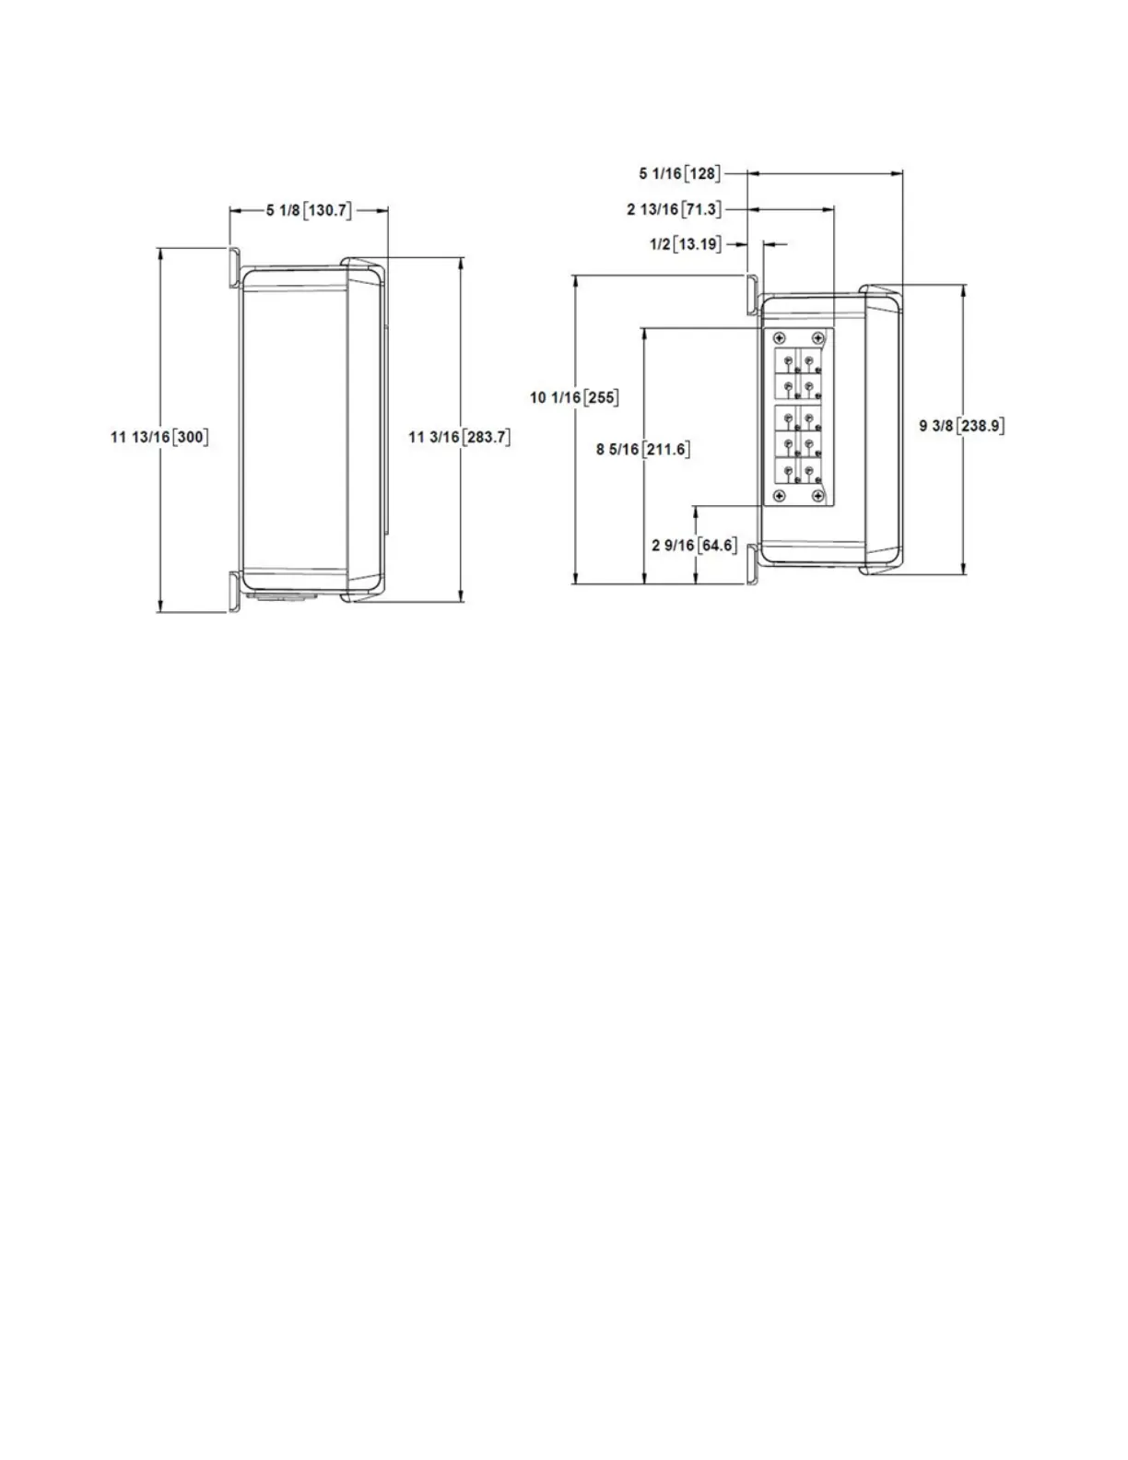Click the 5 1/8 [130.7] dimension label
tap(309, 211)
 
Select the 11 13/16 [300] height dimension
tap(159, 437)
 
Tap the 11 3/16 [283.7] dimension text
tap(459, 437)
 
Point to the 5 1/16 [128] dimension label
tap(680, 173)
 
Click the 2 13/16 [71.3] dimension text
tap(674, 209)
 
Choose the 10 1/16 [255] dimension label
tap(574, 398)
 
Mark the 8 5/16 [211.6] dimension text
tap(643, 450)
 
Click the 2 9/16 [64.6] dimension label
tap(695, 546)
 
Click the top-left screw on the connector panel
tap(780, 337)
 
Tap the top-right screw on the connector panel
tap(817, 337)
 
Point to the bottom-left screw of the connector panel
tap(780, 497)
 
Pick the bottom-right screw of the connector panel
tap(817, 497)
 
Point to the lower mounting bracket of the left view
tap(235, 590)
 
